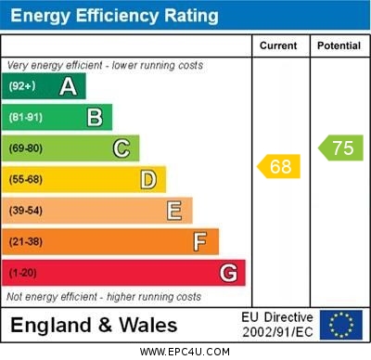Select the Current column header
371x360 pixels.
[x=279, y=45]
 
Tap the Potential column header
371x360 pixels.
[x=339, y=45]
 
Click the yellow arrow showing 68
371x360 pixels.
[x=278, y=167]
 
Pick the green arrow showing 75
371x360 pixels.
[x=341, y=148]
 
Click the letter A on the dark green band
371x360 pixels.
[x=68, y=86]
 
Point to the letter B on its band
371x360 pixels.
[x=95, y=117]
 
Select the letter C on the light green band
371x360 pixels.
[x=122, y=148]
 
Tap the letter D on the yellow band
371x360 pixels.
[x=148, y=179]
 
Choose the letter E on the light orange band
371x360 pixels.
[x=174, y=211]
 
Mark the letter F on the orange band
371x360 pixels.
[x=200, y=242]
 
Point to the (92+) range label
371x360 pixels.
[x=23, y=87]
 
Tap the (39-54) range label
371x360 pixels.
[x=26, y=212]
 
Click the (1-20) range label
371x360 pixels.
[x=23, y=274]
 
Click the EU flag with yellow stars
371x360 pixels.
[x=341, y=325]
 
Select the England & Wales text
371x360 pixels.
[x=94, y=325]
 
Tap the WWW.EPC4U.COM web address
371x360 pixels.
[x=185, y=352]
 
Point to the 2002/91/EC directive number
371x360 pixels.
[x=277, y=331]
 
